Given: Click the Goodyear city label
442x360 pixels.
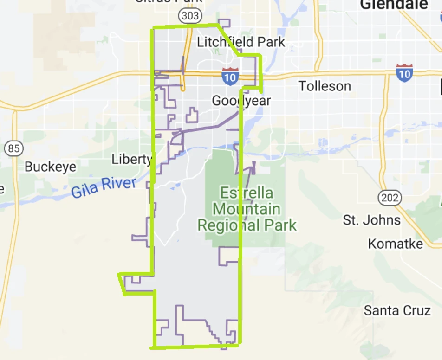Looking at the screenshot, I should pyautogui.click(x=241, y=100).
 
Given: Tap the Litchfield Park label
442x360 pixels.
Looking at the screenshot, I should pyautogui.click(x=241, y=42).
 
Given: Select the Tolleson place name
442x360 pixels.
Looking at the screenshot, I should pyautogui.click(x=325, y=86).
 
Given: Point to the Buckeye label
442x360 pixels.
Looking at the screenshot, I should pyautogui.click(x=50, y=167).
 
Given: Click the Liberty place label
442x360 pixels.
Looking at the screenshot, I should pyautogui.click(x=132, y=160).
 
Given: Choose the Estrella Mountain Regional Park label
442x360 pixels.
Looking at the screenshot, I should pyautogui.click(x=247, y=209).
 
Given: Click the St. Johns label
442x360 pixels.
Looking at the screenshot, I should pyautogui.click(x=371, y=220).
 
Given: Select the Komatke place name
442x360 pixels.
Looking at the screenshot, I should pyautogui.click(x=396, y=244).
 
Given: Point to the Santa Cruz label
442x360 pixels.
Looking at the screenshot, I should pyautogui.click(x=397, y=310).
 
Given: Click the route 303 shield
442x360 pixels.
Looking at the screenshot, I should pyautogui.click(x=190, y=16).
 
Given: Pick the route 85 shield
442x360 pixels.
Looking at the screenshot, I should pyautogui.click(x=14, y=148).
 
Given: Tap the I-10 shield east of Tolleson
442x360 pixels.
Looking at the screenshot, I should pyautogui.click(x=404, y=73).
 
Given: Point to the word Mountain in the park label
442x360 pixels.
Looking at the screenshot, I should pyautogui.click(x=247, y=209).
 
